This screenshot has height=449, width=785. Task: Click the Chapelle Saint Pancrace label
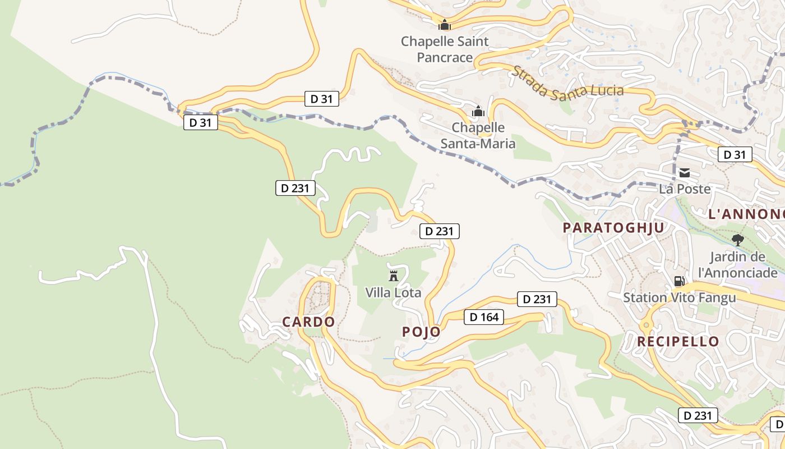point(445,49)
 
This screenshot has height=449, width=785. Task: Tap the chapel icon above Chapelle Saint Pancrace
point(445,25)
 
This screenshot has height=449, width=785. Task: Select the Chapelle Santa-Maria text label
point(478,135)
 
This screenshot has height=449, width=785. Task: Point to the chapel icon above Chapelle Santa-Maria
point(478,111)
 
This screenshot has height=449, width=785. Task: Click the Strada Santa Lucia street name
point(567,81)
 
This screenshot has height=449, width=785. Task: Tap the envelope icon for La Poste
point(684,172)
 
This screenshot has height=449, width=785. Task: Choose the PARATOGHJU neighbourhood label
point(613,227)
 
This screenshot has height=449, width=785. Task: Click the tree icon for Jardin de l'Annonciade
point(737,240)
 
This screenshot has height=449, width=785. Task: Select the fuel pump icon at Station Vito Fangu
point(679,281)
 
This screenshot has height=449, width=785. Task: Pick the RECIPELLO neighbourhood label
point(678,341)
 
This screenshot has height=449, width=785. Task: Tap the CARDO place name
point(308,322)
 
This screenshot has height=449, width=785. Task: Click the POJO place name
point(421,332)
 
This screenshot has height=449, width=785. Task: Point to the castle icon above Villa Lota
point(393,276)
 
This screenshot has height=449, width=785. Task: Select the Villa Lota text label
point(393,292)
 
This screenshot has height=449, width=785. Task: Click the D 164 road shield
point(484,317)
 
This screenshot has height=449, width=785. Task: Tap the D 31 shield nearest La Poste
point(735,154)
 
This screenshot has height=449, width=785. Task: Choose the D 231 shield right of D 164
point(537,299)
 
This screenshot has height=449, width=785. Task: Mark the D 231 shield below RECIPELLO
point(698,415)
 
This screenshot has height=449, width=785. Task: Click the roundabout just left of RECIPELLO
point(645,325)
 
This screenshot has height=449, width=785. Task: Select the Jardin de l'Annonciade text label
point(737,264)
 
